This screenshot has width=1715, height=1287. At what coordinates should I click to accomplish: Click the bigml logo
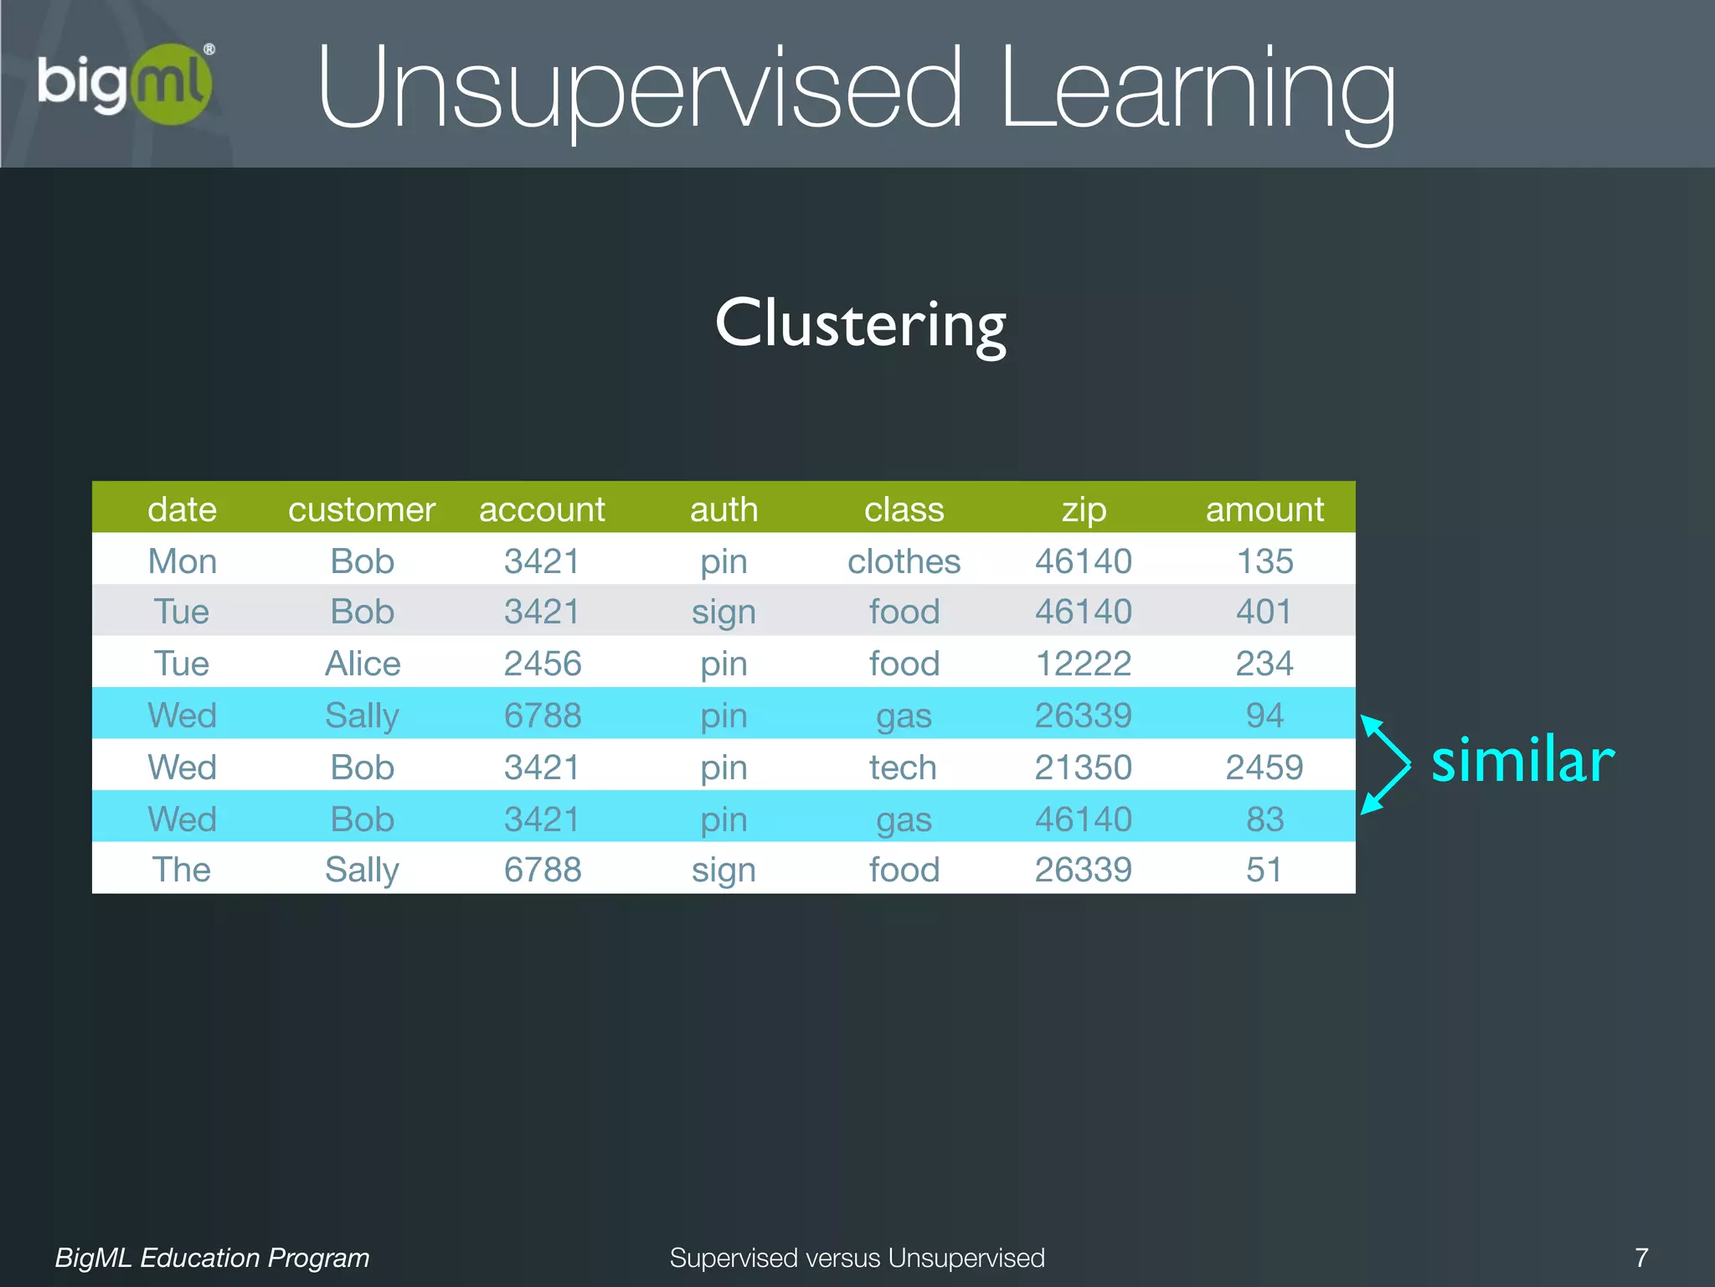126,84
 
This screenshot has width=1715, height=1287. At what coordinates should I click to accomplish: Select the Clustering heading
860,324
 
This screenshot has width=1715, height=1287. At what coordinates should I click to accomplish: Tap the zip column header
1084,509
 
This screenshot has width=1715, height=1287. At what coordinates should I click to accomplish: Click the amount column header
1264,509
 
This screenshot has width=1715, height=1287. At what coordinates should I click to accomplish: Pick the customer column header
362,509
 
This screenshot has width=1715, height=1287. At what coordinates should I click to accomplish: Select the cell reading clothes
904,561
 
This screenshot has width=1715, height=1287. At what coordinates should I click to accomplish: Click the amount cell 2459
1264,768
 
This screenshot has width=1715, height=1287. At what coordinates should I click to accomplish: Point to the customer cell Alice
363,664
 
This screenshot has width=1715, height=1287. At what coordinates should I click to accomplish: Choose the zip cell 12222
1084,664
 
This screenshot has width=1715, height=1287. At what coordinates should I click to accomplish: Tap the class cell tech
903,768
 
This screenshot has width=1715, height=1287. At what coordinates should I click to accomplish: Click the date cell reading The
182,870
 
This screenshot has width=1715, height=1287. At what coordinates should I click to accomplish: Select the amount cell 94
1264,716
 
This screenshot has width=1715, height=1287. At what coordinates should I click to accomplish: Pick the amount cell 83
1264,819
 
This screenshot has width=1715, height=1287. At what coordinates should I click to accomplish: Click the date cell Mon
182,561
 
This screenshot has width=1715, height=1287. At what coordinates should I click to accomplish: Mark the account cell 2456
543,664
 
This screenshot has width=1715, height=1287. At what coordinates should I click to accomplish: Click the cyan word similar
1522,761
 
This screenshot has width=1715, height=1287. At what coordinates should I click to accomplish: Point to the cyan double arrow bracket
1386,764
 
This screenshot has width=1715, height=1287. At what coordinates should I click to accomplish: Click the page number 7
1641,1258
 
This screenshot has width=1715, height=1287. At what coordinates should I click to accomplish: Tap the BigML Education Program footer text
212,1258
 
